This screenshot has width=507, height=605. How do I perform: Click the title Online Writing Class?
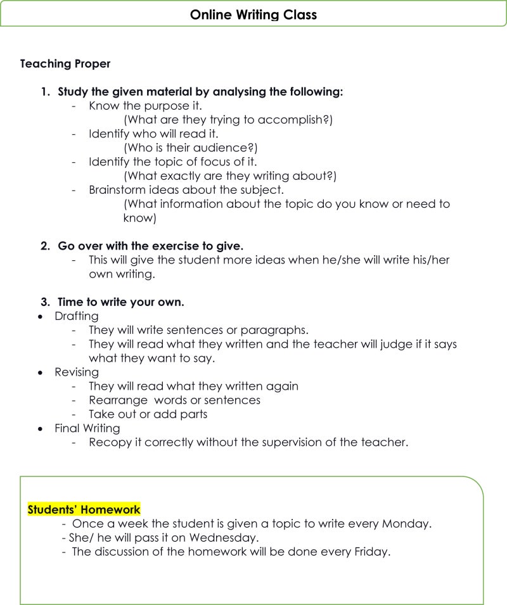click(x=253, y=14)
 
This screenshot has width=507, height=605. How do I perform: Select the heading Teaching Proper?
click(x=65, y=64)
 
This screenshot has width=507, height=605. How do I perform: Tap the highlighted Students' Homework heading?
click(x=84, y=509)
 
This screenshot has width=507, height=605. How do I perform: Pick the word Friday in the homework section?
click(x=371, y=552)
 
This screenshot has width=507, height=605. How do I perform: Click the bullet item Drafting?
click(x=77, y=316)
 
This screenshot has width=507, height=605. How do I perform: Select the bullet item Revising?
click(x=77, y=372)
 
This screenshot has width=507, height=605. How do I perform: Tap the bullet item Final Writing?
click(x=87, y=428)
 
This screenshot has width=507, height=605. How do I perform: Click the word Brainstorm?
click(x=117, y=190)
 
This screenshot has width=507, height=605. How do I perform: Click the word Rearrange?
click(x=119, y=400)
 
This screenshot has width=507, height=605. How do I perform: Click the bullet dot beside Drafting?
click(x=41, y=316)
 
